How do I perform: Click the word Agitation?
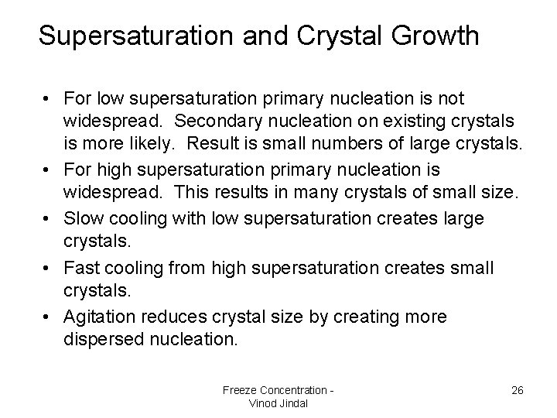[100, 317]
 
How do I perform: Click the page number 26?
[518, 390]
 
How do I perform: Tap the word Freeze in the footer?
[240, 389]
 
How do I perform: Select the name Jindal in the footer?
[292, 403]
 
